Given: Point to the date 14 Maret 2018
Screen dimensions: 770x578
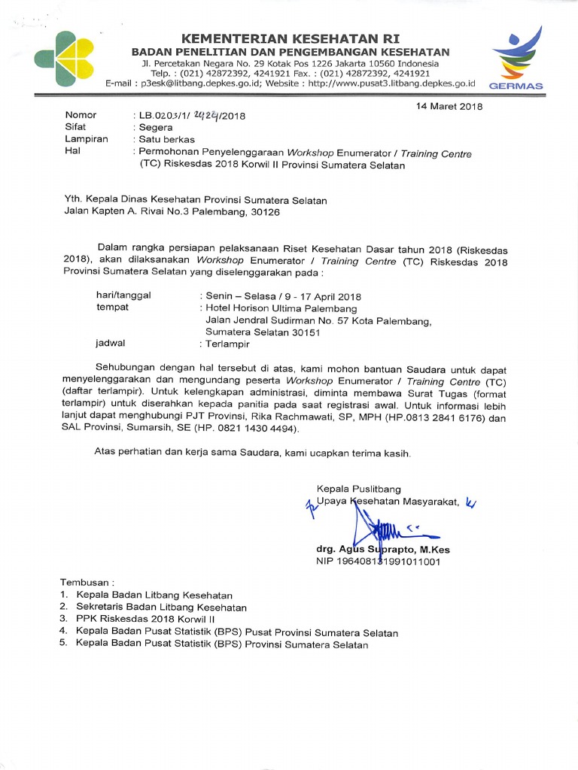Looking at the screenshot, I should coord(449,107).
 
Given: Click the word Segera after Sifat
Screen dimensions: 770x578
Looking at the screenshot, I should coord(156,128).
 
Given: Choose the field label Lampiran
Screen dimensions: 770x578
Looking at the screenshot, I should coord(87,140).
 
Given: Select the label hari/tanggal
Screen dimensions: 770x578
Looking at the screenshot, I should coord(123,296).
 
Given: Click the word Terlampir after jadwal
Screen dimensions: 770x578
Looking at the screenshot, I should coord(227,344).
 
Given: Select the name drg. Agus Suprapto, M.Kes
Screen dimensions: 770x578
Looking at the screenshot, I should coord(383,550).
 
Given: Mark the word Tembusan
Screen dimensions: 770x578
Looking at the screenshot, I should coord(87,583).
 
